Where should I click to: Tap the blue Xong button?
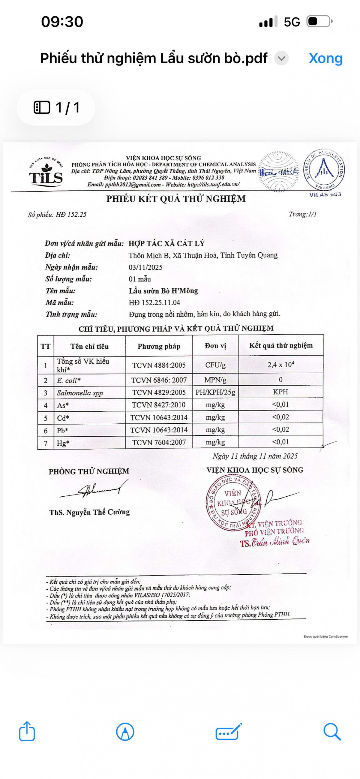[x=325, y=58]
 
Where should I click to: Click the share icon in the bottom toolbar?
[x=27, y=731]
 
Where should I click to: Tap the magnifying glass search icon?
[x=332, y=732]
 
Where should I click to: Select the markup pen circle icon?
[x=125, y=732]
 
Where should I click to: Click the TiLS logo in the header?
[x=46, y=172]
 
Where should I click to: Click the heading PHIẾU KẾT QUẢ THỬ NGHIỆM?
[x=176, y=199]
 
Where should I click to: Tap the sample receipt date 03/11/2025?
[x=145, y=267]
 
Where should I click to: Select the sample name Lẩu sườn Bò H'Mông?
[x=163, y=291]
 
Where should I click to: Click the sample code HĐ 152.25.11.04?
[x=154, y=303]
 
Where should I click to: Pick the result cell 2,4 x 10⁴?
[x=280, y=365]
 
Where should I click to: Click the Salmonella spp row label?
[x=80, y=393]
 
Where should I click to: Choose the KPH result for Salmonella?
[x=280, y=392]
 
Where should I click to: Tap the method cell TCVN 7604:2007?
[x=159, y=442]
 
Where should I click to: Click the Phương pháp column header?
[x=159, y=346]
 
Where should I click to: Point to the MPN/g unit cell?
[x=215, y=380]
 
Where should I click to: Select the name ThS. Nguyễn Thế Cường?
[x=89, y=512]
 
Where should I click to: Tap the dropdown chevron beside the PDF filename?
[x=281, y=58]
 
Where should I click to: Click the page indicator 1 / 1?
[x=56, y=108]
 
